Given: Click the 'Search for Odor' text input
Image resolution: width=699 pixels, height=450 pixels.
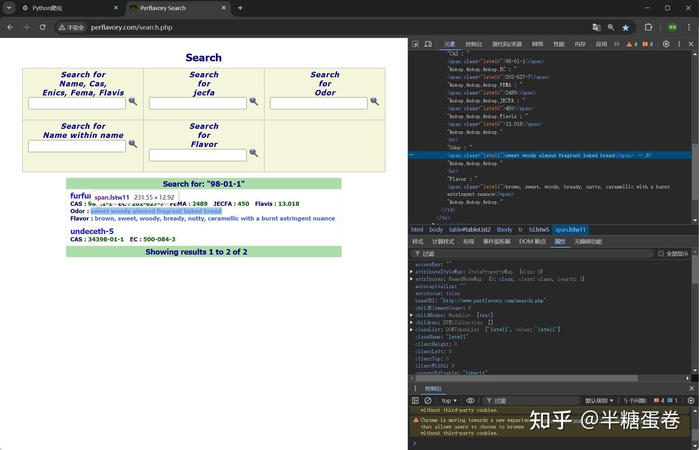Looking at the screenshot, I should tap(318, 103).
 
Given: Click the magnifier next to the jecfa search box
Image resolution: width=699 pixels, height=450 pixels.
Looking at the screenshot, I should tap(253, 101).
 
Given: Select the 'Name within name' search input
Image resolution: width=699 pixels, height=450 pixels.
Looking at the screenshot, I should tap(77, 146).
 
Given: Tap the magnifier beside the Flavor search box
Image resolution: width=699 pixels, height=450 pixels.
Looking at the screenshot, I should tap(253, 153).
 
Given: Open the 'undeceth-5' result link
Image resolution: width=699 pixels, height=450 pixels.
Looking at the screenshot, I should tap(92, 231).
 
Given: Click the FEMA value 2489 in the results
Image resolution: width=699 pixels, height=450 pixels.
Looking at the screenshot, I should tap(200, 204).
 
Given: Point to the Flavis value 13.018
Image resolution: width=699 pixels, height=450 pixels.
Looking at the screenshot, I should tap(288, 204).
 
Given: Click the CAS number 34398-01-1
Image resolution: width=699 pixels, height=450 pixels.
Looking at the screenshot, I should tap(106, 239).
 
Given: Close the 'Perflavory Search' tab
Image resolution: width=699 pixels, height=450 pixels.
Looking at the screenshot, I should tap(224, 8).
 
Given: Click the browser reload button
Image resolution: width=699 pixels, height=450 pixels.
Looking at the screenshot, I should tap(43, 27).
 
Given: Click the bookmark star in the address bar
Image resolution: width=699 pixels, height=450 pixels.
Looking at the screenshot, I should tap(626, 27).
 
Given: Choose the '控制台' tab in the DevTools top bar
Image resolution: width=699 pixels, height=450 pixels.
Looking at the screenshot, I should tap(473, 44).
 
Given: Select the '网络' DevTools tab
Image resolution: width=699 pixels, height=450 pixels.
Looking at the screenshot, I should tap(537, 44).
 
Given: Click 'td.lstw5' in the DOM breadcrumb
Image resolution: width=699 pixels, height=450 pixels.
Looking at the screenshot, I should tap(539, 230).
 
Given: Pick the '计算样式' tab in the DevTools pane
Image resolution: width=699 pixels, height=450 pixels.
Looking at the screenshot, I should tap(443, 242).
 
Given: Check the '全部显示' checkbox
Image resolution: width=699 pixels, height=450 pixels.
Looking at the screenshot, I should tap(661, 253).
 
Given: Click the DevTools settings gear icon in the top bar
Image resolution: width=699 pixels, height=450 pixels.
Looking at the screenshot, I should tap(666, 44).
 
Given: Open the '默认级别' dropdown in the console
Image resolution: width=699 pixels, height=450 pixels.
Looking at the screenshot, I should tap(599, 400).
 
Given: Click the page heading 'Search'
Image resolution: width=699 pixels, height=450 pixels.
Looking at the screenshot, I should tap(203, 58).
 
